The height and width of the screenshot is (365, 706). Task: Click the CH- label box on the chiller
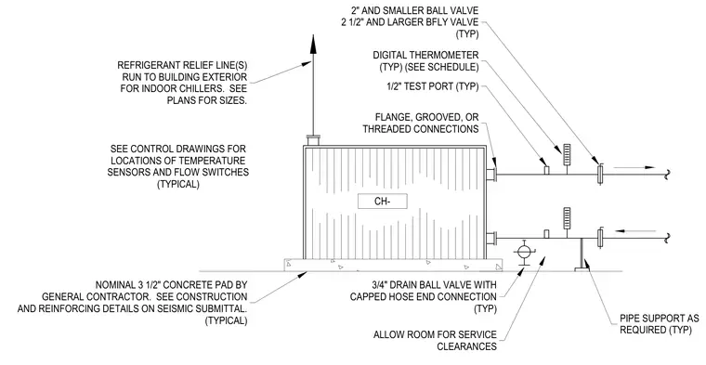point(383,202)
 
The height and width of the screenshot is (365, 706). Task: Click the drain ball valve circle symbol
point(523,252)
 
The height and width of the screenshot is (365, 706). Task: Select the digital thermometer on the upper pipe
point(567,155)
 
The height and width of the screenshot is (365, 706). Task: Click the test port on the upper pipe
point(546,170)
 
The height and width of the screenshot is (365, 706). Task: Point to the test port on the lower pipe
point(546,234)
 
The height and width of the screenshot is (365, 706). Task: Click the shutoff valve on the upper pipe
point(600,175)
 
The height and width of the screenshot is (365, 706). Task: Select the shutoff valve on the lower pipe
point(600,238)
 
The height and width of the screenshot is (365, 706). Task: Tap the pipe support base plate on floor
point(582,269)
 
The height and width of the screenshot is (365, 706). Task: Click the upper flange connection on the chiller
point(491,175)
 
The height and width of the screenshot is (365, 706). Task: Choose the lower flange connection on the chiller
point(491,238)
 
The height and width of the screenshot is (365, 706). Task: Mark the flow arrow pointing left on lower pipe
point(635,231)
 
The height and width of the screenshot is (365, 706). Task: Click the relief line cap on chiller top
point(313,140)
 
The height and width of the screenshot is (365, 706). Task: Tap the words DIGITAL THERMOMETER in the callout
point(425,56)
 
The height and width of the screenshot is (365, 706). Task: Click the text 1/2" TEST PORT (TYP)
point(433,86)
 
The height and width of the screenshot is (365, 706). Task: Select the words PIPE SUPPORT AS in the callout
point(660,319)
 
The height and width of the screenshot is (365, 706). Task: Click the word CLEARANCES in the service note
point(466,346)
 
